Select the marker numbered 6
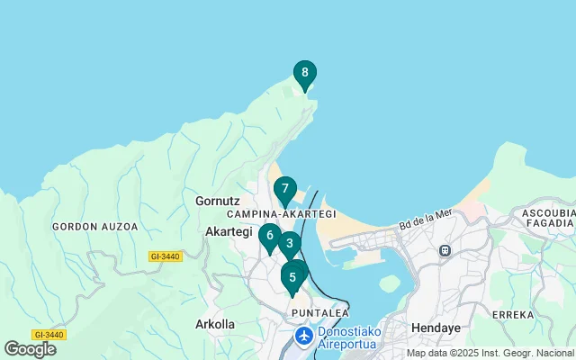tap(269, 237)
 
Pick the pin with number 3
tap(289, 244)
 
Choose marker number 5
tap(292, 277)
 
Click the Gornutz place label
tap(216, 201)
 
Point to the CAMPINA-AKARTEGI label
tap(281, 214)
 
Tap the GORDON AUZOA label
tap(95, 227)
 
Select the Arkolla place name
tap(215, 324)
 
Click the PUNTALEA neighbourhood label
tap(320, 312)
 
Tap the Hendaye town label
tap(436, 328)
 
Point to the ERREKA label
tap(512, 315)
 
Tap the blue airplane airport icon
tap(305, 336)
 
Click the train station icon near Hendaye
tap(445, 250)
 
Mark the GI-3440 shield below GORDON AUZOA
tap(166, 256)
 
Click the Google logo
tap(30, 349)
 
